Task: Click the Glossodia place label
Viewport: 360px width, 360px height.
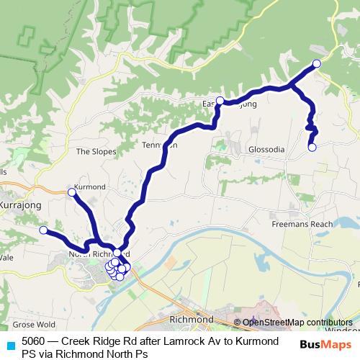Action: coord(266,149)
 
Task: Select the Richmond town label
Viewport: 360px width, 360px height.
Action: coord(190,318)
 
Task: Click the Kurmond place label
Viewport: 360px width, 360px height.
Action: coord(91,187)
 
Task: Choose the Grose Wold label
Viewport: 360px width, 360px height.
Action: coord(34,324)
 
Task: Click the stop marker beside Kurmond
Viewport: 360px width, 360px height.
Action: coord(71,192)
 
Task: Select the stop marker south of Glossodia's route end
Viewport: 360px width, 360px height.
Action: coord(312,148)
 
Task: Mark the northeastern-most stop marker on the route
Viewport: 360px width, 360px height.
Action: coord(316,63)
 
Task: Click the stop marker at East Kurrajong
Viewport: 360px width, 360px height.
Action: coord(220,101)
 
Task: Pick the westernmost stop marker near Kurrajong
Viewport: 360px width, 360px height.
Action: coord(43,230)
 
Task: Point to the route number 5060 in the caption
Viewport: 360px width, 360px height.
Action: coord(33,341)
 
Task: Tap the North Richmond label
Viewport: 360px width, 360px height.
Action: coord(98,254)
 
